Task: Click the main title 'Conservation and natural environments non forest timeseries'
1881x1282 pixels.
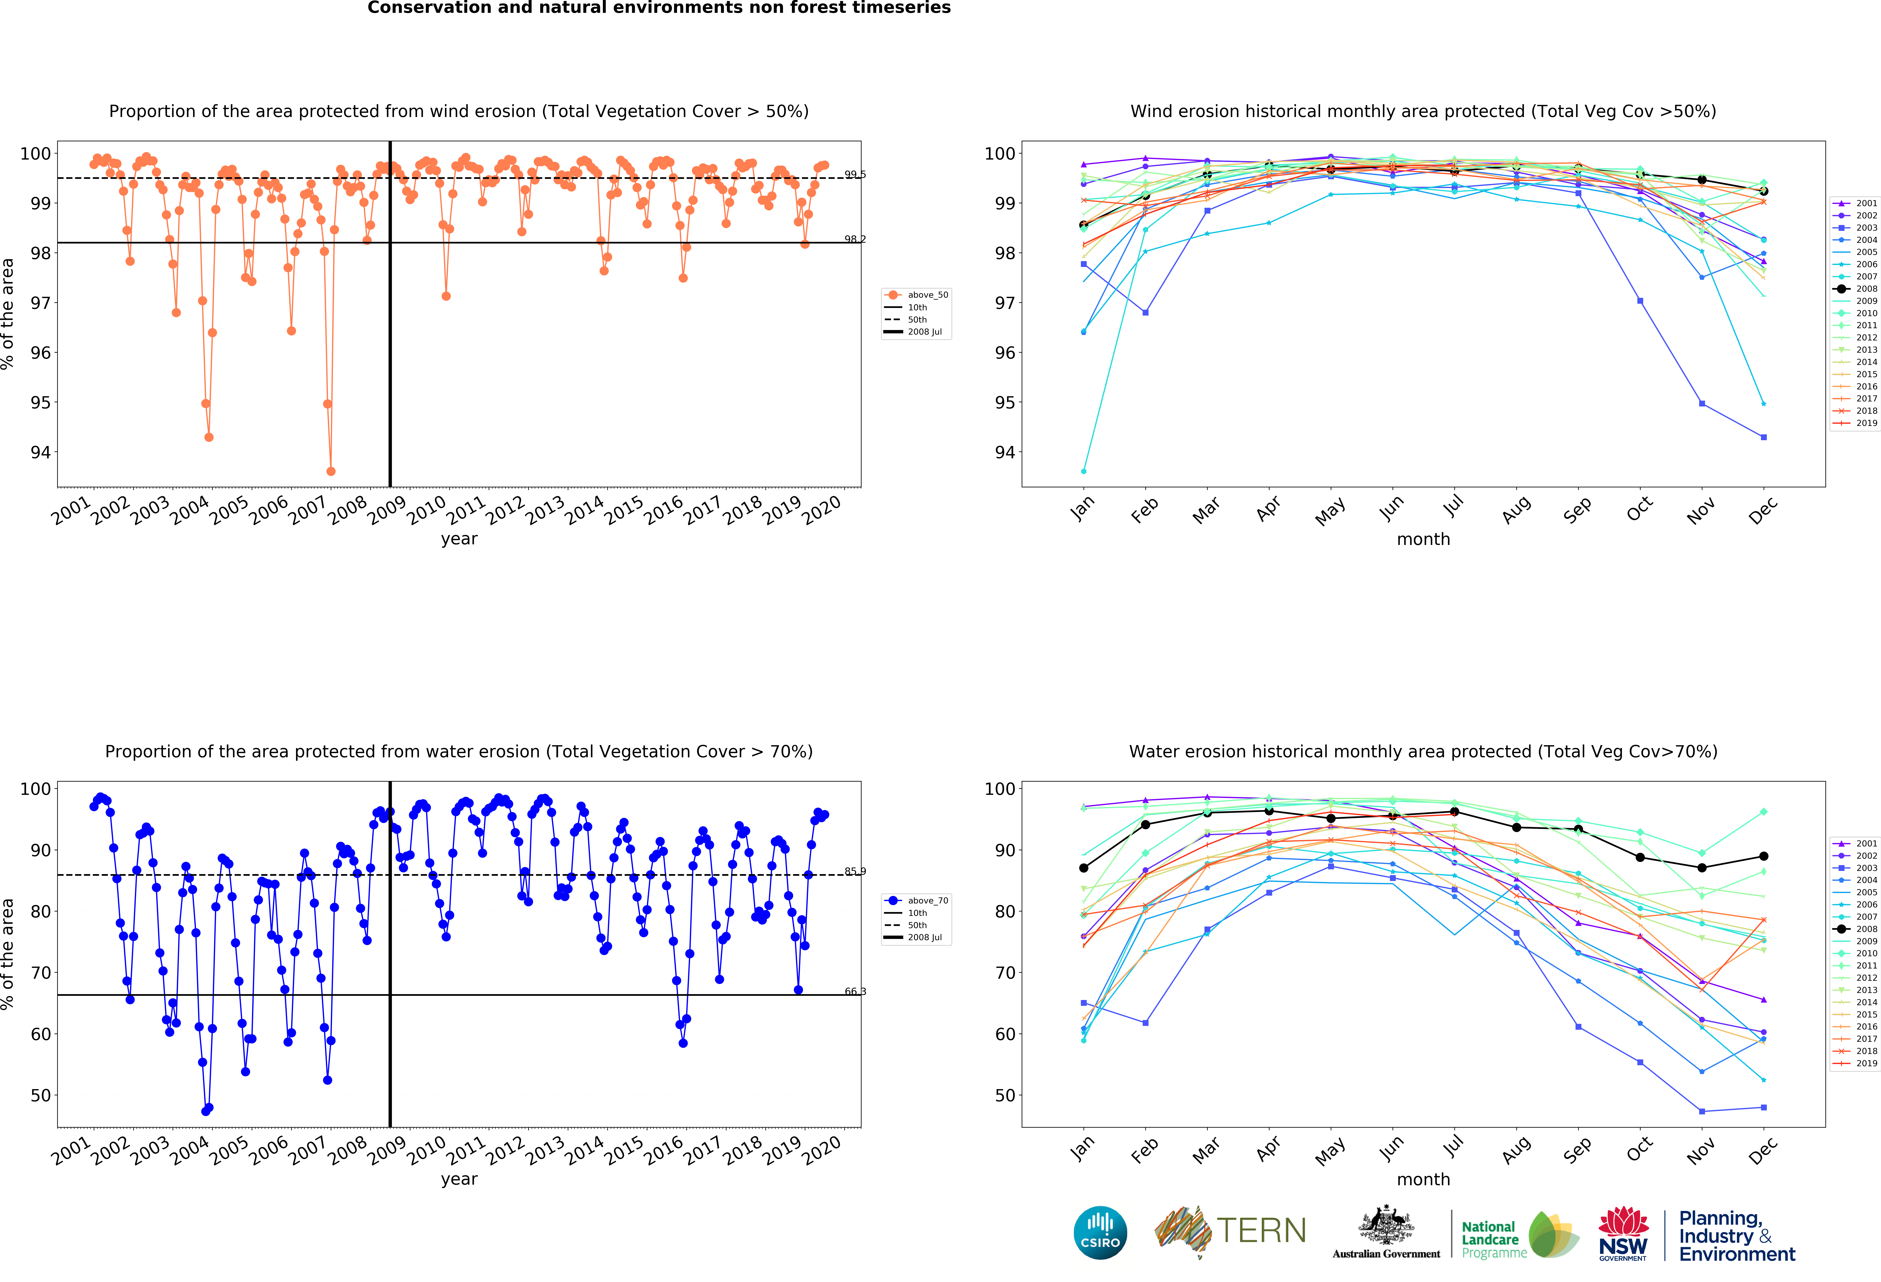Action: [659, 8]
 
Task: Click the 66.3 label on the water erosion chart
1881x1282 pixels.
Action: [855, 991]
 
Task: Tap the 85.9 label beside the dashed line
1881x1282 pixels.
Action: [855, 872]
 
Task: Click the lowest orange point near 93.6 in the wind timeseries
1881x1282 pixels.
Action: [331, 471]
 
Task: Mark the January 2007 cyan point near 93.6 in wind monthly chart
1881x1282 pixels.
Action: [1084, 471]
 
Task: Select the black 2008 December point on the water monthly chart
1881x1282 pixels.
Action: [1764, 856]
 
